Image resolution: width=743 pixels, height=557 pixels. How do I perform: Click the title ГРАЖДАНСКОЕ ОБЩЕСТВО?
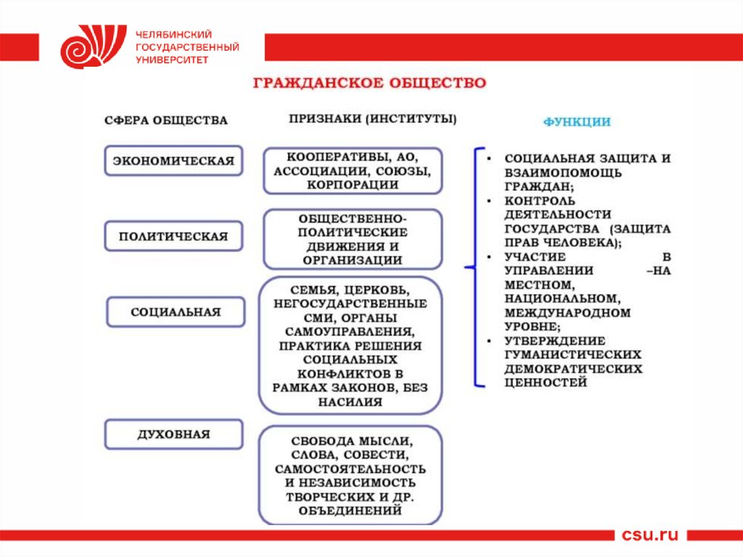pos(369,83)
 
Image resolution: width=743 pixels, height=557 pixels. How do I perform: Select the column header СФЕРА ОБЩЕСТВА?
pos(165,121)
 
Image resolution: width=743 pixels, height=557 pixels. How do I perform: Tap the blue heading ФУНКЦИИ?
pos(577,122)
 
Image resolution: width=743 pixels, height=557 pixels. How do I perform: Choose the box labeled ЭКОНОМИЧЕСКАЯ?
pos(173,161)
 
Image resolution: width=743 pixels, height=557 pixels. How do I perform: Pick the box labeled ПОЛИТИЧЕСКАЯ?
pos(173,236)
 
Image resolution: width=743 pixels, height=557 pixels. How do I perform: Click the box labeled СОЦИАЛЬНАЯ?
pos(175,312)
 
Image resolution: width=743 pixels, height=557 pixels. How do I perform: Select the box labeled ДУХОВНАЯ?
pos(173,434)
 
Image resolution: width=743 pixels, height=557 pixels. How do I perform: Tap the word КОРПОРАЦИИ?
pos(352,184)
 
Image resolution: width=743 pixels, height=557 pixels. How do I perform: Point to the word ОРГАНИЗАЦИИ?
pos(352,260)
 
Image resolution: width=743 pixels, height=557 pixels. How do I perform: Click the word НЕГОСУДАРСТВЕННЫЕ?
pos(350,303)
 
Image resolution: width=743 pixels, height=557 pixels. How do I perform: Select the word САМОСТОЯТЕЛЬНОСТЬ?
pos(350,469)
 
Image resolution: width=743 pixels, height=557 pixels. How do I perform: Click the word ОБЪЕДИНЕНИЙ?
pos(350,511)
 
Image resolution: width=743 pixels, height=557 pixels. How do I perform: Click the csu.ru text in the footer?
pos(649,535)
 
